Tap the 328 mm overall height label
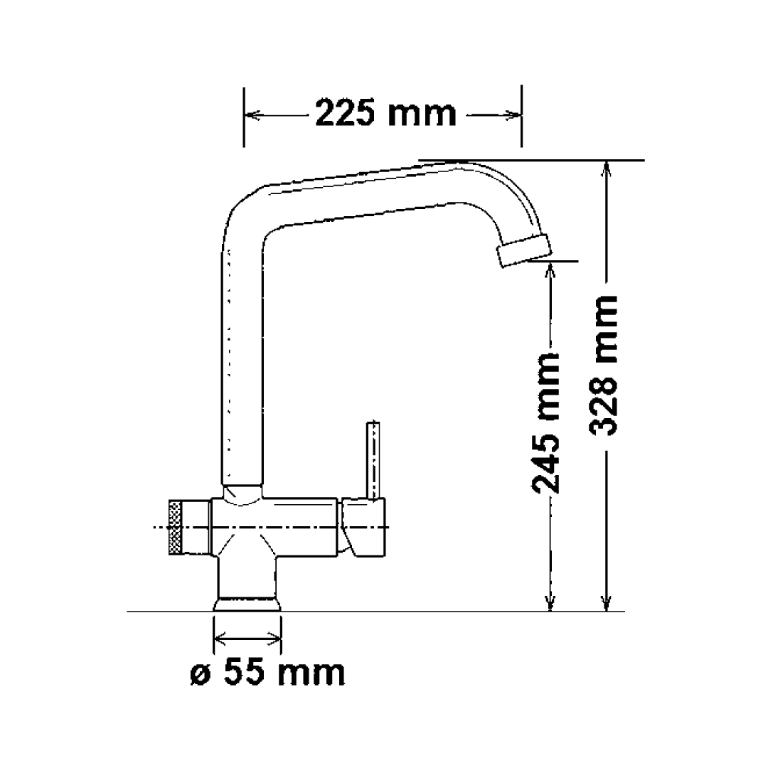click(x=604, y=364)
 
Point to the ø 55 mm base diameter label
click(x=268, y=672)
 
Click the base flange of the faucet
click(x=247, y=604)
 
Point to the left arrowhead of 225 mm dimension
click(x=250, y=114)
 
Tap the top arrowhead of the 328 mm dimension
click(x=605, y=168)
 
